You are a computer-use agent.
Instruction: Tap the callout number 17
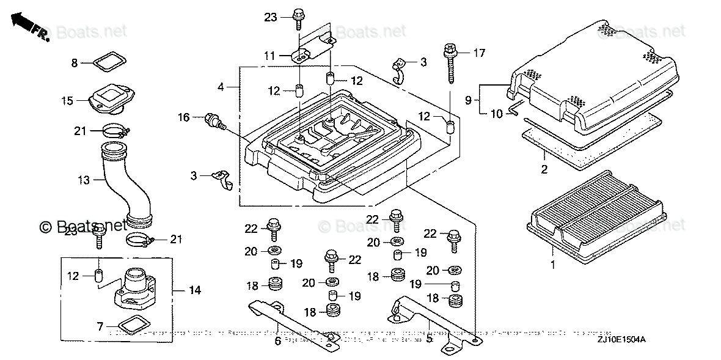[x=479, y=53]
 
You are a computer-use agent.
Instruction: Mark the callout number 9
[x=469, y=101]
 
